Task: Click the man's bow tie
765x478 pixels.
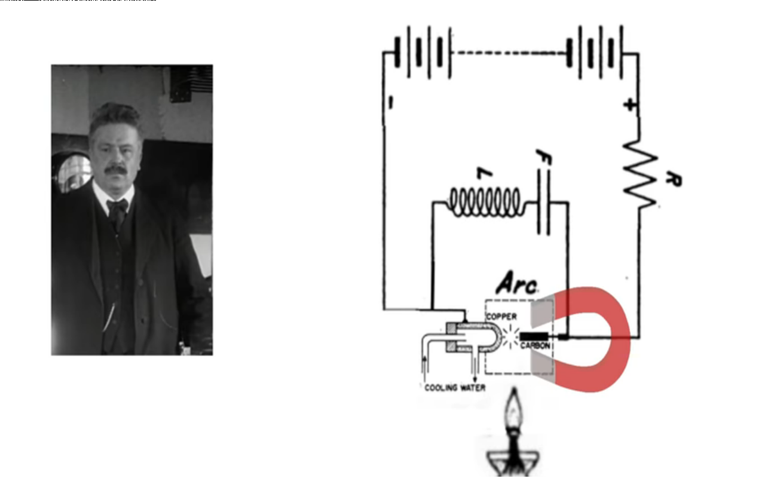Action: [117, 207]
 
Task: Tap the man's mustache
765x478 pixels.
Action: [116, 170]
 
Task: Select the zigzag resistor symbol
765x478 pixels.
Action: [639, 174]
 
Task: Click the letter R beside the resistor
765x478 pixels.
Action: [673, 179]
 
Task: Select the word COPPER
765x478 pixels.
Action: [501, 316]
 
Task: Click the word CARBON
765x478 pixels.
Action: [535, 346]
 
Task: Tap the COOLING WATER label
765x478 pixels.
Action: [455, 388]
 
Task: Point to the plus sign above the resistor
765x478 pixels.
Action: [629, 105]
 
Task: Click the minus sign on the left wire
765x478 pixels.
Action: [389, 103]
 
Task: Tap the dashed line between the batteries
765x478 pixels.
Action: [509, 53]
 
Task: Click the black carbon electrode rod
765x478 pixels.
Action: [534, 336]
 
